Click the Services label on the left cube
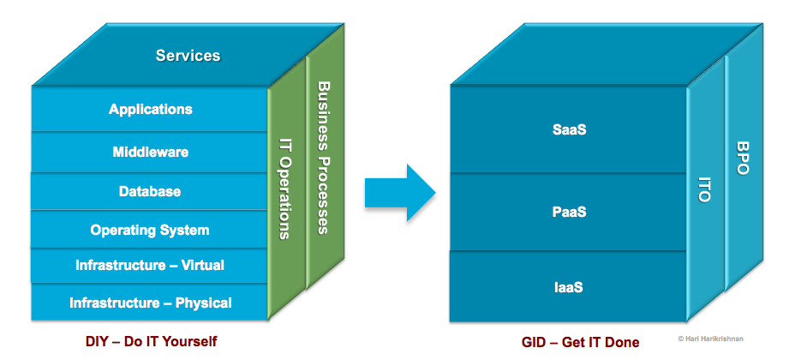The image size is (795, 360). point(188,56)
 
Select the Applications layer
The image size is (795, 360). point(151,109)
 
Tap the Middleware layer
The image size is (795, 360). point(151,153)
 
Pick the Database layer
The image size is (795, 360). point(150,191)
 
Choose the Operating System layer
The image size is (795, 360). point(150,230)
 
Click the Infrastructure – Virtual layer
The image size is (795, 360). point(150,266)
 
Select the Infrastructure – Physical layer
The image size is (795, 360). point(150,303)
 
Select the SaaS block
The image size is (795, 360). point(569,130)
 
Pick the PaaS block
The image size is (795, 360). point(569,212)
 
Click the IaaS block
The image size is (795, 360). point(569,287)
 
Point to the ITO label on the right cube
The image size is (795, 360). point(705,186)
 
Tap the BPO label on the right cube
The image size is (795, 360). point(742,159)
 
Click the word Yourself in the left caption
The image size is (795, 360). point(188,342)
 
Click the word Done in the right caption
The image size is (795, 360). point(621,342)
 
